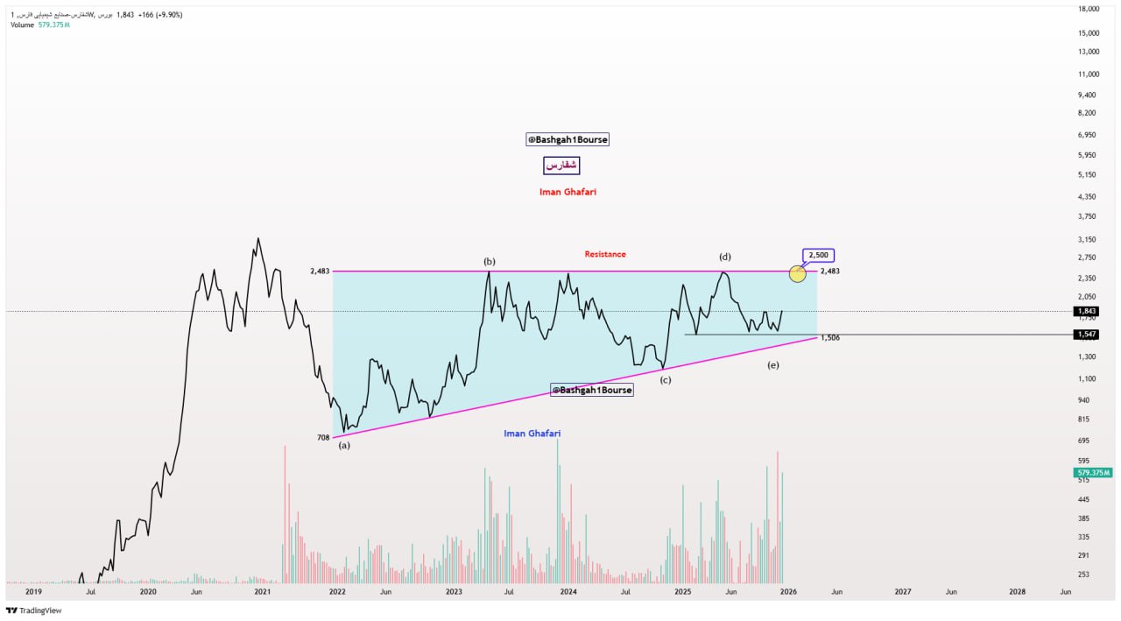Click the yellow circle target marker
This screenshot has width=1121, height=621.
pos(797,274)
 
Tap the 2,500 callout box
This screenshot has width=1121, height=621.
pos(819,255)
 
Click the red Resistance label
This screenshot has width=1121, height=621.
pos(605,254)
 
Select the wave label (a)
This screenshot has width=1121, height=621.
pos(344,445)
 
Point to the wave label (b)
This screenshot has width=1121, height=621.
pos(490,261)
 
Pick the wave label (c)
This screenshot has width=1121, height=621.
pos(666,379)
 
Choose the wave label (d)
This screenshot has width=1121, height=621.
pos(725,257)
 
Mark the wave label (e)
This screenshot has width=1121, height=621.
pos(772,364)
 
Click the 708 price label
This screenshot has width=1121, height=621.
pos(322,436)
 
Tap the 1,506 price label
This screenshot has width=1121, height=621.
pos(830,337)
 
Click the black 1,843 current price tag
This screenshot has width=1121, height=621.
pos(1087,311)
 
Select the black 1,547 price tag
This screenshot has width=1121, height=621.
pos(1087,335)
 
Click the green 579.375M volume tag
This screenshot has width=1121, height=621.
pos(1093,472)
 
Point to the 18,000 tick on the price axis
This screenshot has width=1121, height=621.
pos(1089,9)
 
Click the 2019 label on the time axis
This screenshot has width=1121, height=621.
pos(33,592)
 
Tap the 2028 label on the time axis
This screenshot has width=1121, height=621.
pos(1018,592)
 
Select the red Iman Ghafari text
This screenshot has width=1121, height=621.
pos(568,192)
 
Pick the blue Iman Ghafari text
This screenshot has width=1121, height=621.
pos(532,434)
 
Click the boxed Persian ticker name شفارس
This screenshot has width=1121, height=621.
pos(561,165)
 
